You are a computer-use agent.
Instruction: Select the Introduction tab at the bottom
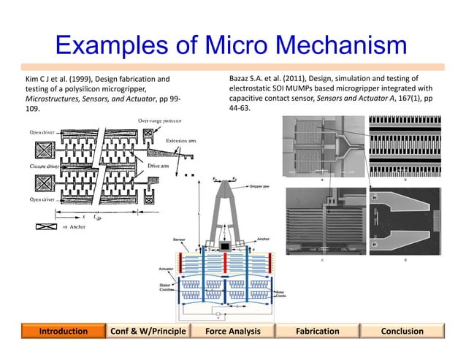tap(63, 331)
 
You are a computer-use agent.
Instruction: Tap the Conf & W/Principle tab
tap(148, 331)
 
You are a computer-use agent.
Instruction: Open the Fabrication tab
tap(317, 331)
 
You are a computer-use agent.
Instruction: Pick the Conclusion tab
tap(402, 331)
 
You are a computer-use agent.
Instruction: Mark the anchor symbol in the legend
tap(45, 228)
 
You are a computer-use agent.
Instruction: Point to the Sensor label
tap(178, 238)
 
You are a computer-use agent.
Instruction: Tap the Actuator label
tap(166, 269)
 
